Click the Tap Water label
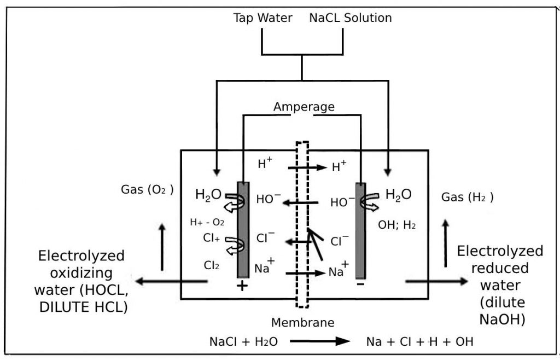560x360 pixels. tap(262, 18)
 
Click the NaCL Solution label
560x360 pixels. tap(350, 18)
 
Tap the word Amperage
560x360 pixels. tap(304, 107)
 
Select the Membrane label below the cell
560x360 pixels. tap(302, 322)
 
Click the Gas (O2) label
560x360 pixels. tap(147, 190)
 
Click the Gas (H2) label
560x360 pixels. tap(467, 198)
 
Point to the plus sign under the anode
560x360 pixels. tap(242, 286)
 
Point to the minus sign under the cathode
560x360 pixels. tap(360, 285)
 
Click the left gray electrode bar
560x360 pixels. tap(243, 229)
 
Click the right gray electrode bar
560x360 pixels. tap(360, 229)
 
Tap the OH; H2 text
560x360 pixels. tap(396, 225)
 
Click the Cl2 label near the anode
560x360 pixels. tap(212, 265)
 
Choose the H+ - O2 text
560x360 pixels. tap(207, 222)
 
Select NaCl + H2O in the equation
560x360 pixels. tap(244, 342)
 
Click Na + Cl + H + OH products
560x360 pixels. tap(419, 342)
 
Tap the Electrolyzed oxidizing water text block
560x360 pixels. tap(82, 281)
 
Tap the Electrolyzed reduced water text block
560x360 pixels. tap(500, 285)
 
